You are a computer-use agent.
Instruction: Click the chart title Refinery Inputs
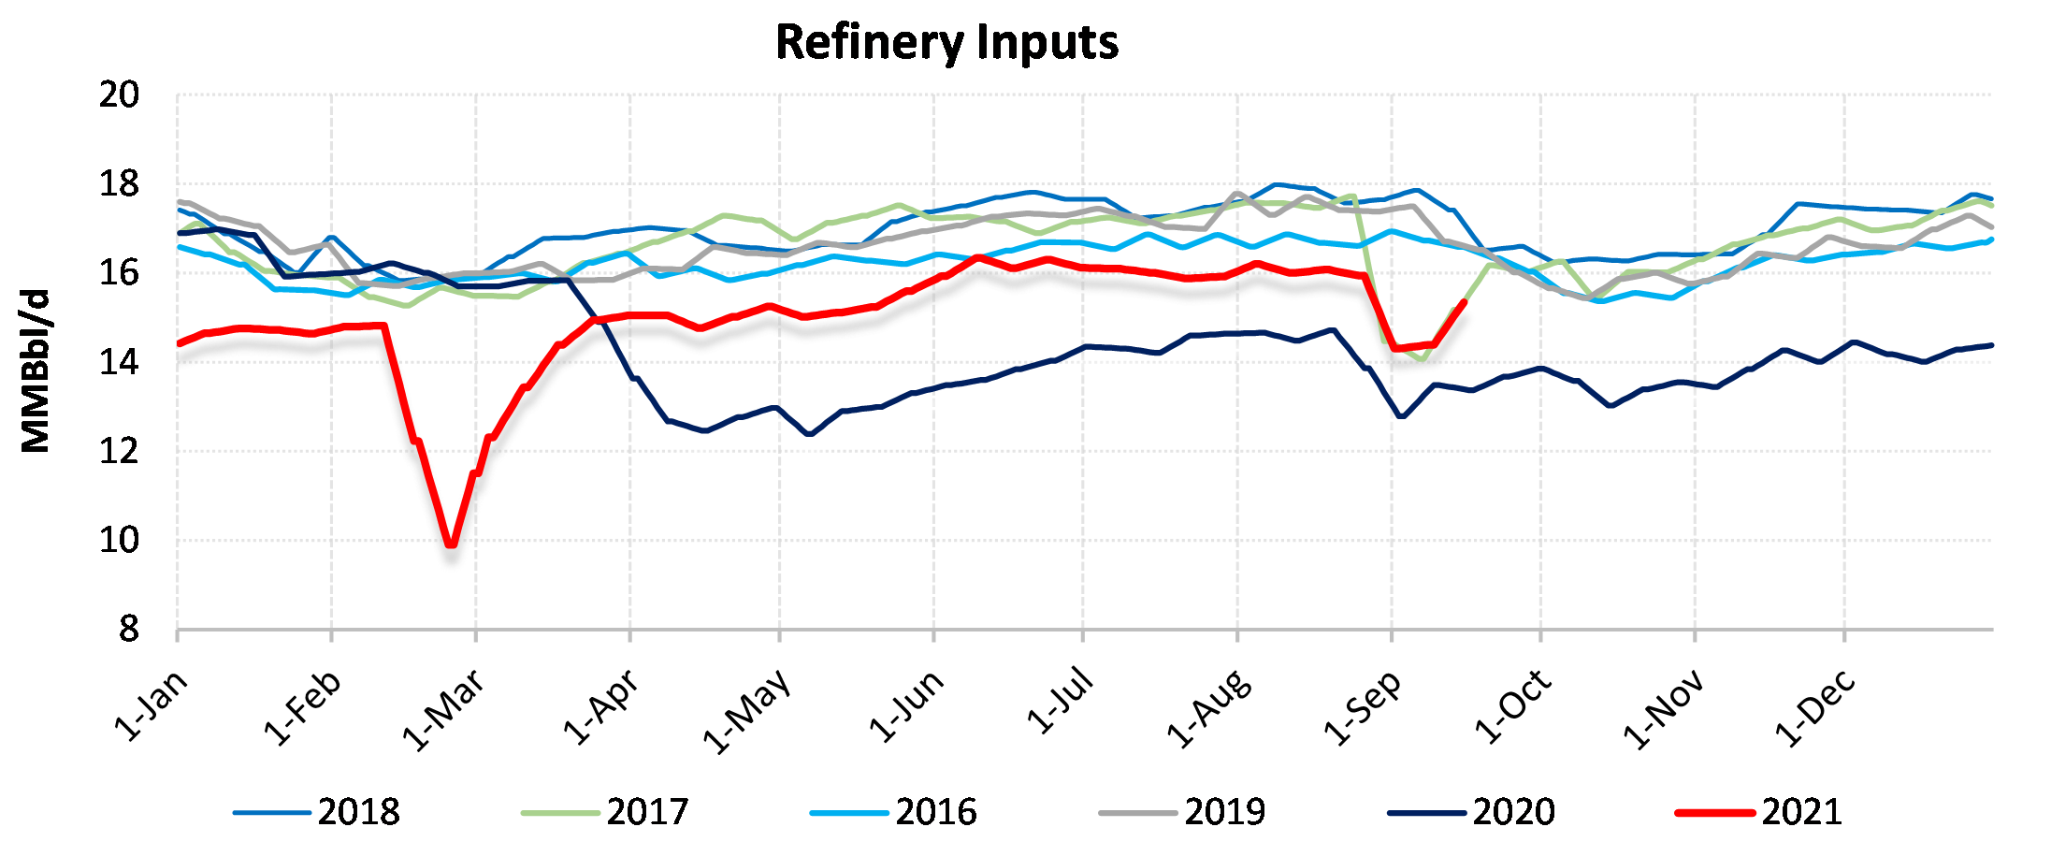946,42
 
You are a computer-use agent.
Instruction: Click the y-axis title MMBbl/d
36,371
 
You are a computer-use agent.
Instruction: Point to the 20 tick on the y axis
119,94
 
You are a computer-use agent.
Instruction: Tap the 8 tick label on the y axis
129,630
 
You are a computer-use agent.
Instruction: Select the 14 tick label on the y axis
119,362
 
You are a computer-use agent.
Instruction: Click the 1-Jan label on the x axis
152,706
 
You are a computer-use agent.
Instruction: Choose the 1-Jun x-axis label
906,707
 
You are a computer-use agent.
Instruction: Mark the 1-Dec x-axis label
1815,708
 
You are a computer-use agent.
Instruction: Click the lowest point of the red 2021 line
452,544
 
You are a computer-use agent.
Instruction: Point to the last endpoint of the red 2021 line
1464,302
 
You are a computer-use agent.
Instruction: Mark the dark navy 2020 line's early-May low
809,434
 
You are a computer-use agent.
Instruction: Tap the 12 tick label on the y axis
119,451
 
